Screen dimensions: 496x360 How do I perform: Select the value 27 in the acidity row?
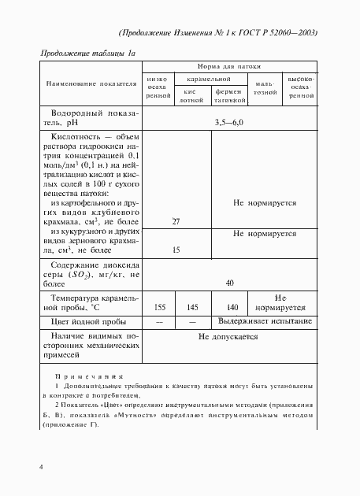[x=176, y=222]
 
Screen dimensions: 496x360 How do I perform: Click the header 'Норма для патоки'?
[x=229, y=68]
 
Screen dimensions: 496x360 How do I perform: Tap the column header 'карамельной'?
[x=209, y=80]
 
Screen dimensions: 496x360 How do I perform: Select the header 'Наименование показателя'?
[x=91, y=82]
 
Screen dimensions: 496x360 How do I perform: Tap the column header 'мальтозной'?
[x=264, y=87]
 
